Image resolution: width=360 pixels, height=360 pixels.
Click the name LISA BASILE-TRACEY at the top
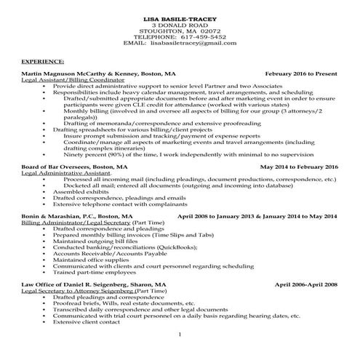[180, 16]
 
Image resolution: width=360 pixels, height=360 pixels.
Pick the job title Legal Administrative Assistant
[64, 173]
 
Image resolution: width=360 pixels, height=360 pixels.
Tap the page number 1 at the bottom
[180, 334]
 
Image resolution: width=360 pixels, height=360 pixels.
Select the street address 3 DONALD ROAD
[180, 23]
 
